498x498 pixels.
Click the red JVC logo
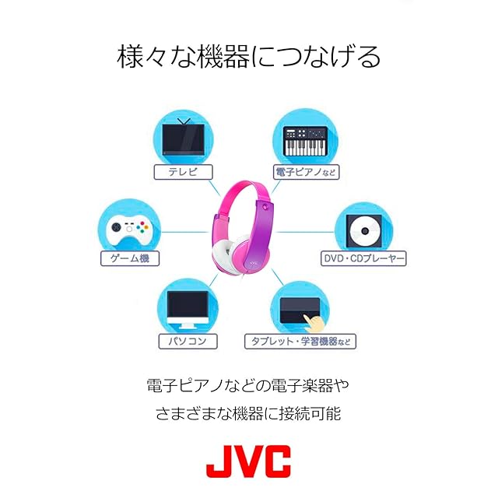[x=248, y=461]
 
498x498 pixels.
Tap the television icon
[x=184, y=139]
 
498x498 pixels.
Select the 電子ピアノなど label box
[x=307, y=171]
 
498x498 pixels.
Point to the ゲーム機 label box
[x=130, y=258]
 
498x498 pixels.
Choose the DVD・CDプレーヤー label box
[x=363, y=258]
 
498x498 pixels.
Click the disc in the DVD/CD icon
[x=363, y=230]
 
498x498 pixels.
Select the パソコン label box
[x=187, y=341]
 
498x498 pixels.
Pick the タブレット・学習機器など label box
[x=300, y=341]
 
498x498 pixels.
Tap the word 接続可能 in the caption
[x=314, y=413]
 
